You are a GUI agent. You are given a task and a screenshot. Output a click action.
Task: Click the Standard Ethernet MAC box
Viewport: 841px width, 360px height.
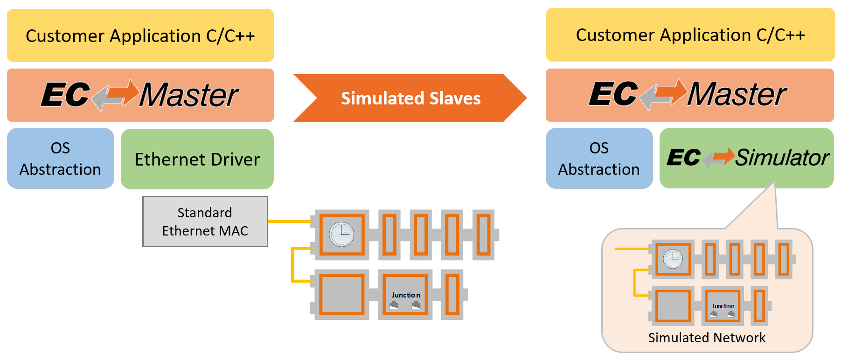(205, 222)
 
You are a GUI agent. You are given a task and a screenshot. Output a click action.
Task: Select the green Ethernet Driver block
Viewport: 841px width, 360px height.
(197, 159)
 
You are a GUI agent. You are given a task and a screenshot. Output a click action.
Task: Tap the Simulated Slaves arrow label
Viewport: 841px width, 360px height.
(410, 98)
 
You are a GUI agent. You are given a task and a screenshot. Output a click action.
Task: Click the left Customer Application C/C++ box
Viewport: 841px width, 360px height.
(140, 35)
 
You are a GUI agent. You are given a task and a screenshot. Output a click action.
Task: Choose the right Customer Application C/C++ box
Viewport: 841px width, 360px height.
(690, 35)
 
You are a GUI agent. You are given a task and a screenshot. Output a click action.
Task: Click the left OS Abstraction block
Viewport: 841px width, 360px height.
(60, 159)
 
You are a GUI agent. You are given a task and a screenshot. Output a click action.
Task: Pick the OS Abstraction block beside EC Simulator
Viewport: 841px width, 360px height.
(598, 159)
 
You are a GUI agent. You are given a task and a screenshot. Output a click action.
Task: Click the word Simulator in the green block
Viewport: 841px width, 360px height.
(782, 158)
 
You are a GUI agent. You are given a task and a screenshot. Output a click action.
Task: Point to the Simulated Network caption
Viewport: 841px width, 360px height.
(706, 338)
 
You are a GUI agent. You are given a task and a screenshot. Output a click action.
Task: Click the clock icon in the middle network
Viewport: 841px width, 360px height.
(341, 234)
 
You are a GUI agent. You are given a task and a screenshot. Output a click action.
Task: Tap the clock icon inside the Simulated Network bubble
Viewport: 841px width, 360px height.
(673, 259)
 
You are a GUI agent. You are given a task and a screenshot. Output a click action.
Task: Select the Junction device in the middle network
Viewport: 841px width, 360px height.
(405, 295)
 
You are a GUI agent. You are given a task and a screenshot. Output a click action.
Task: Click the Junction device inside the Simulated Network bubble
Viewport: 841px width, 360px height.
(723, 306)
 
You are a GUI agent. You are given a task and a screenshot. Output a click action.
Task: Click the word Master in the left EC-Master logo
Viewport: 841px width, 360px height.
(189, 95)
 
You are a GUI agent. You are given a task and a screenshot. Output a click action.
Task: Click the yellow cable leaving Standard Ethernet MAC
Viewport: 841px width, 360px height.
(289, 221)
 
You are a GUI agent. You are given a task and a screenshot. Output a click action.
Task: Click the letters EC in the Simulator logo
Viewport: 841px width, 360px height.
(683, 158)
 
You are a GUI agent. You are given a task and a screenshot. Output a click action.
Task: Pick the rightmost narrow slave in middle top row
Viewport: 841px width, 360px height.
(483, 235)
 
